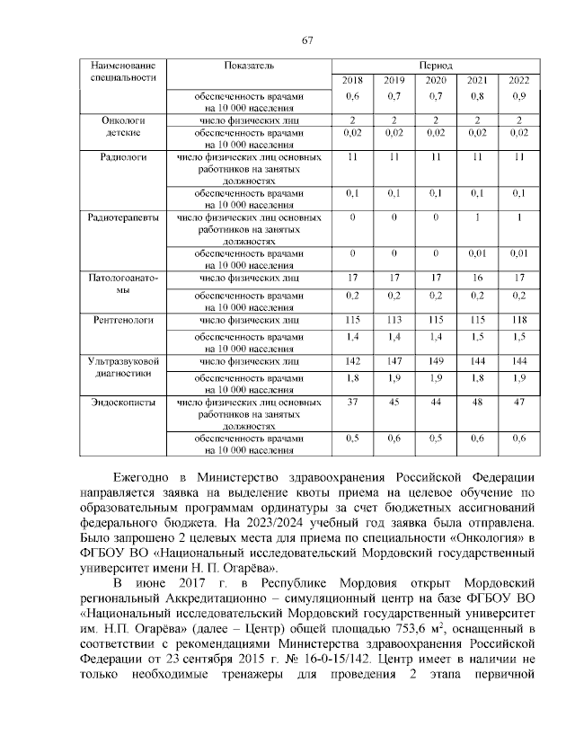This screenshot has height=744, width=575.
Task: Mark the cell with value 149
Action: coord(437,360)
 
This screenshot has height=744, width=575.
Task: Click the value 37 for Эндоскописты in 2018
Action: coord(353,403)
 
